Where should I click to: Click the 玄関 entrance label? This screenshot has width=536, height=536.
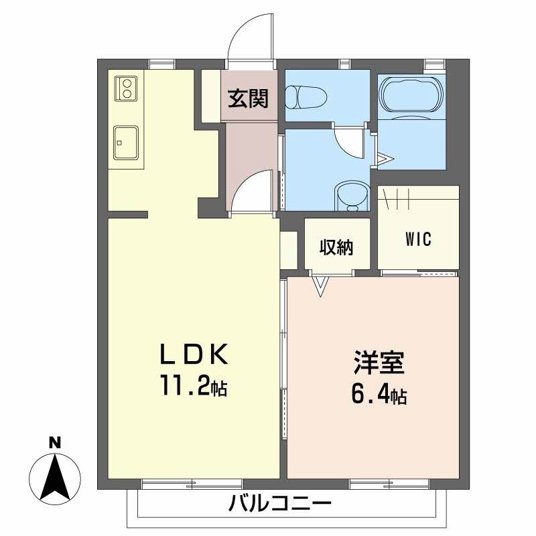tap(248, 99)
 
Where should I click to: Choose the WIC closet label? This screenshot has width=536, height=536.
tap(418, 239)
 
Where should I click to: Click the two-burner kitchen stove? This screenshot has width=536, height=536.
tap(125, 88)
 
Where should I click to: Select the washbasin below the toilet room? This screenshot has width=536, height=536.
tap(350, 197)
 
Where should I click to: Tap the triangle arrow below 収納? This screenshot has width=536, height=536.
tap(321, 286)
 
